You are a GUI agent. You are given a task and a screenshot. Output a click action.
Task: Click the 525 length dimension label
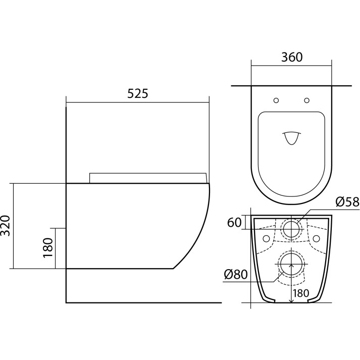[x=138, y=93]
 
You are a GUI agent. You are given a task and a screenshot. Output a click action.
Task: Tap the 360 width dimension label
[x=292, y=57]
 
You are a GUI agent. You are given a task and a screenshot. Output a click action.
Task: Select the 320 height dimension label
[x=6, y=226]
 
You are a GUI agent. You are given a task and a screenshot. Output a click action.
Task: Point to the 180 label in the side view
[x=48, y=248]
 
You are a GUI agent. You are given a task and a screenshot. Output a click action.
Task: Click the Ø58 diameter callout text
[x=347, y=202]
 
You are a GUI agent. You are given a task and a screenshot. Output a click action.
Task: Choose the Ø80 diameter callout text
[x=236, y=274]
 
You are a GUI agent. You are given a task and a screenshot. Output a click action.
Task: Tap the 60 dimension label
[x=234, y=223]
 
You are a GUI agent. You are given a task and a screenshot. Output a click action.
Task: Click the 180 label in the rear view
[x=301, y=293]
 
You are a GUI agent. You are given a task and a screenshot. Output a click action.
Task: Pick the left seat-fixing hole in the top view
[x=276, y=100]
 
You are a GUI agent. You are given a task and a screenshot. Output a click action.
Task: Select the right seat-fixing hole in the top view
[x=307, y=100]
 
